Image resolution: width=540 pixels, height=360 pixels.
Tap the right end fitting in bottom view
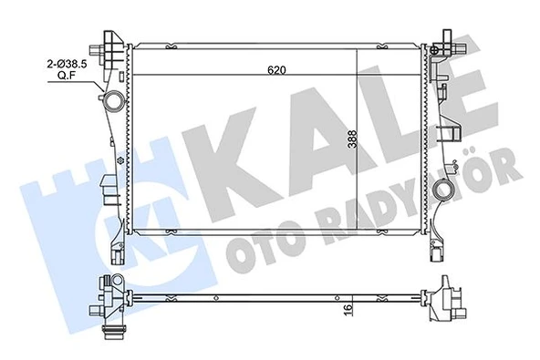[448, 300]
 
